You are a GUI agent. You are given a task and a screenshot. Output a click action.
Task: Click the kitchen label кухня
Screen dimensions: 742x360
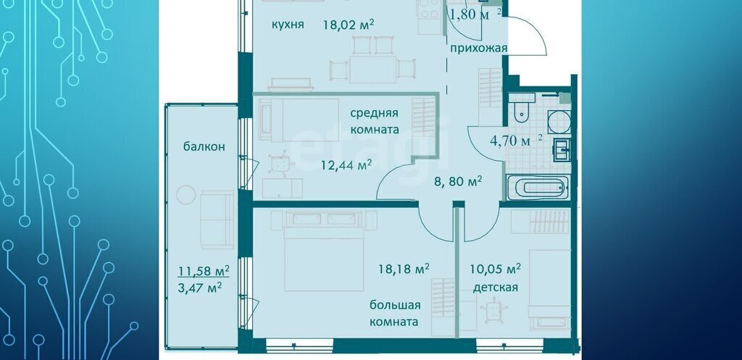tap(287, 25)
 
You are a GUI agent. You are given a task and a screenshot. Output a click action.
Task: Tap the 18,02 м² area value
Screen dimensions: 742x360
tap(349, 24)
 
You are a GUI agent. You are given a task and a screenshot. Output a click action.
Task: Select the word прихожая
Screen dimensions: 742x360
tap(479, 49)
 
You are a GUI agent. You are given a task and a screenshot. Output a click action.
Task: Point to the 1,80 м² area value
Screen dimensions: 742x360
tap(475, 14)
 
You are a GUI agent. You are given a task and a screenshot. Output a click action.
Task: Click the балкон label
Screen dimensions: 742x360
tap(204, 146)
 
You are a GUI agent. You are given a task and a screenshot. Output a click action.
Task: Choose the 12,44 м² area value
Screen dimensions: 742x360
tap(346, 164)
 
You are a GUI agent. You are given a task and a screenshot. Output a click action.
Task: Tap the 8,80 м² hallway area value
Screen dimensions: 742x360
tap(458, 180)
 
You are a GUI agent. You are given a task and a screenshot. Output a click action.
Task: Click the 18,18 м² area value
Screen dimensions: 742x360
tap(404, 269)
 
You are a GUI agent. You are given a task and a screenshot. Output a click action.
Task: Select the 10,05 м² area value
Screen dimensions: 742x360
tap(496, 269)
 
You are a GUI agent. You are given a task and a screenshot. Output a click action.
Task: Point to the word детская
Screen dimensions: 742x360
tap(496, 287)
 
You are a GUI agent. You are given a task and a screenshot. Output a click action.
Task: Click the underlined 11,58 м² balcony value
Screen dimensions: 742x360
tap(204, 271)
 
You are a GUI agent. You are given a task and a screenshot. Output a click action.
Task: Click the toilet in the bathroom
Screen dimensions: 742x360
tap(520, 109)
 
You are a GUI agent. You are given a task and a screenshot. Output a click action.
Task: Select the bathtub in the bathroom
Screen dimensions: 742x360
tap(538, 188)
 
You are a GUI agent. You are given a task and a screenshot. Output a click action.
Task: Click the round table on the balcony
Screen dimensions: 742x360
tap(186, 194)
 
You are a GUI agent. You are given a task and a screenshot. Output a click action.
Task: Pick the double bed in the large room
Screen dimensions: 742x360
tap(324, 259)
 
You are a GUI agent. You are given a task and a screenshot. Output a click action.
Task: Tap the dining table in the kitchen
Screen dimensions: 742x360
tap(373, 69)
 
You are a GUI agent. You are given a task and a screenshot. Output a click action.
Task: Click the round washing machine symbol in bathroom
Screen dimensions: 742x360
tap(559, 122)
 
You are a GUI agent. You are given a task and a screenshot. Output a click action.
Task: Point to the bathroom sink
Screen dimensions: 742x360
tap(562, 150)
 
